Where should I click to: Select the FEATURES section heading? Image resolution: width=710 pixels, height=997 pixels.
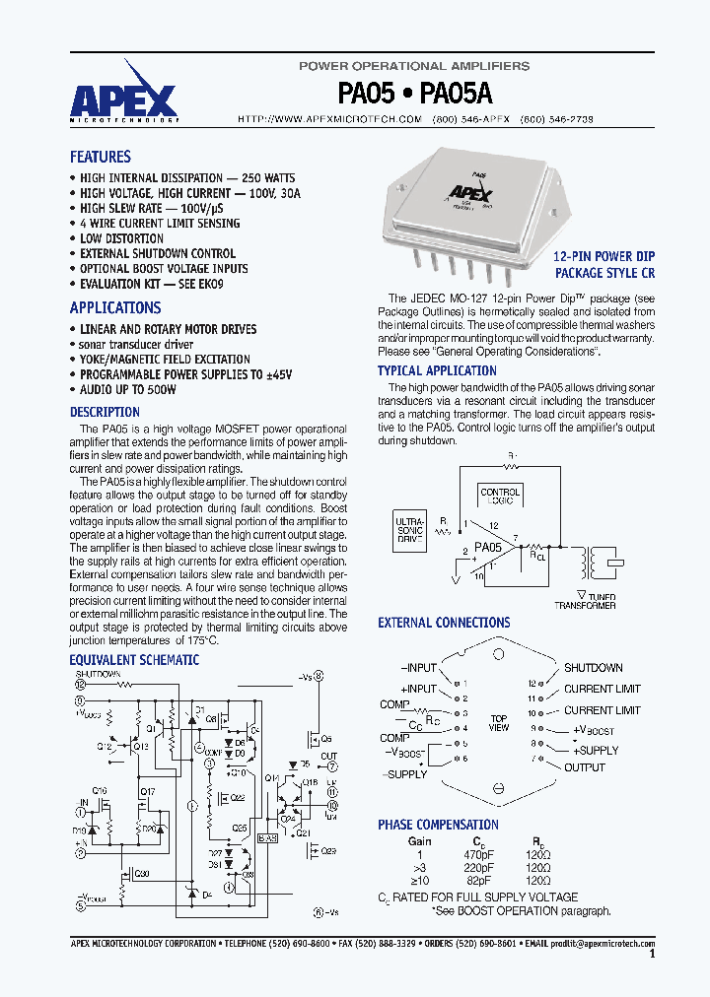tap(100, 157)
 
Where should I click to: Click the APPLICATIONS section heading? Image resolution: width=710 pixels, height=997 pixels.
tap(114, 307)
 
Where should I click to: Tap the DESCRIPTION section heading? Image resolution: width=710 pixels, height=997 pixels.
tap(105, 412)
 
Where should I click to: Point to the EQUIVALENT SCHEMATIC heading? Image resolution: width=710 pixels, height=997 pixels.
tap(133, 660)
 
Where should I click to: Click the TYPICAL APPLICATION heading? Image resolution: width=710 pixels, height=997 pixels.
tap(437, 370)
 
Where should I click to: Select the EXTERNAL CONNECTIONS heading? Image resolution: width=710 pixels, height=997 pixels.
tap(444, 623)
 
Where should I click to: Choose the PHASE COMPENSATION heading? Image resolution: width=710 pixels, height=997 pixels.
tap(438, 825)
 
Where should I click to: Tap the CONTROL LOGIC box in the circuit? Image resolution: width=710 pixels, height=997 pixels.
tap(500, 497)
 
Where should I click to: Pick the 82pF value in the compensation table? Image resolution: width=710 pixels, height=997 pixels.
tap(477, 880)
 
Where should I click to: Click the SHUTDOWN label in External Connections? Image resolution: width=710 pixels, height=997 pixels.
tap(593, 668)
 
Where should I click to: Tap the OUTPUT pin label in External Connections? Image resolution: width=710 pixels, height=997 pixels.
tap(585, 767)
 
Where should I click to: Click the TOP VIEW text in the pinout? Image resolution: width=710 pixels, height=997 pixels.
tap(499, 722)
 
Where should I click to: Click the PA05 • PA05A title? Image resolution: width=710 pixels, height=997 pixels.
tap(415, 94)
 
